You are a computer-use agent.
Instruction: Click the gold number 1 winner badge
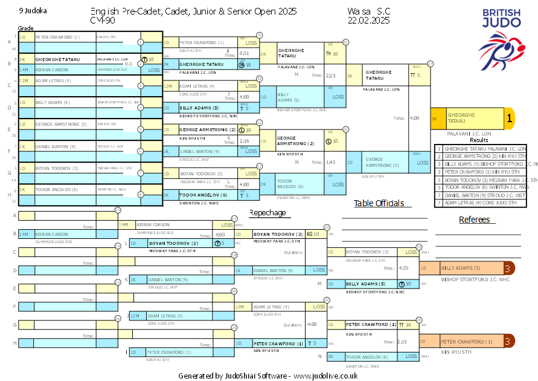509,119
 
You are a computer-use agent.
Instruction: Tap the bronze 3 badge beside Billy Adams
508,268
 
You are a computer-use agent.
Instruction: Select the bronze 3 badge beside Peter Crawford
508,342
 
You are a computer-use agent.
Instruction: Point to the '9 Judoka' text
33,11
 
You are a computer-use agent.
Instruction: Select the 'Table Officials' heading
379,203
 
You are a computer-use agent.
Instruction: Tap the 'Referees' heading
474,220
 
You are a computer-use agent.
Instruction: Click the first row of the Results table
483,148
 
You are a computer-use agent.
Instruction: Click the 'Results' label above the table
479,140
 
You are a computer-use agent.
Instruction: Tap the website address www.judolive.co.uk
325,376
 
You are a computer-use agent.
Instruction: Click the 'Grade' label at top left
25,28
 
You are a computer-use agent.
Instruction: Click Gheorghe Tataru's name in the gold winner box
461,119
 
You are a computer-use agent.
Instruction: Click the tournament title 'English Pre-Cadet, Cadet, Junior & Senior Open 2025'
193,11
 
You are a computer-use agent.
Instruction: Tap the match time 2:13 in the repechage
403,342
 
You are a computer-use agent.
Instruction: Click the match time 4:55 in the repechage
403,267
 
